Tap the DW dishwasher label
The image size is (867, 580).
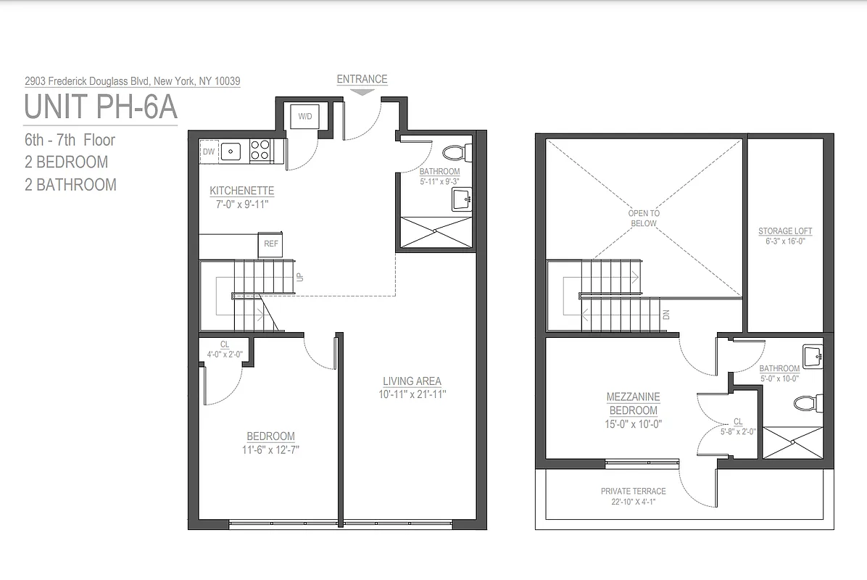coord(209,151)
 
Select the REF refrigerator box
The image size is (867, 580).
coord(270,244)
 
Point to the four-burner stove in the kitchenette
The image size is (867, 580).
coord(260,150)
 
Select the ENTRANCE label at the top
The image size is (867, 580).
coord(362,79)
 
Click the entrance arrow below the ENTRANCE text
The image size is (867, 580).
coord(362,92)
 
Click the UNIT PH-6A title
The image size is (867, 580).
coord(101,107)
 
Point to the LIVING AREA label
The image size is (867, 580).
coord(412,381)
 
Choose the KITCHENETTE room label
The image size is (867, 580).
coord(242,191)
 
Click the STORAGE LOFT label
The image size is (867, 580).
coord(785,231)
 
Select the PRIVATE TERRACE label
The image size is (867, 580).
coord(633,491)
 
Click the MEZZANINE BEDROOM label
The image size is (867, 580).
coord(633,404)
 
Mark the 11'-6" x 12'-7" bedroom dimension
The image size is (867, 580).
coord(271,449)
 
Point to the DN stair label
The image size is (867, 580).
coord(666,314)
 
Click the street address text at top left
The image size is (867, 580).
coord(133,81)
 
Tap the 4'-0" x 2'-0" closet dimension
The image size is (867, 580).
coord(225,355)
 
